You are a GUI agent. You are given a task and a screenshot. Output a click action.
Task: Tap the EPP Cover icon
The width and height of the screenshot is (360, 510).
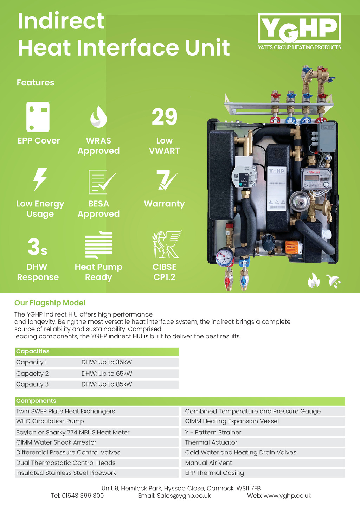pos(38,117)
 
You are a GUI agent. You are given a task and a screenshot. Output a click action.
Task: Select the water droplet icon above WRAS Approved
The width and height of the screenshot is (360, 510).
pos(98,116)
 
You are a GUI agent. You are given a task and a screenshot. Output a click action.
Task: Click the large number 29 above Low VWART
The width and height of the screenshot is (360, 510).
pos(165,117)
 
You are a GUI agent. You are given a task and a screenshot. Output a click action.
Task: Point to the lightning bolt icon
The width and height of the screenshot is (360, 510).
pos(40,180)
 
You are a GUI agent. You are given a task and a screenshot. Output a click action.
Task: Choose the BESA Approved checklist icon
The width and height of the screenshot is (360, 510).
pos(101,181)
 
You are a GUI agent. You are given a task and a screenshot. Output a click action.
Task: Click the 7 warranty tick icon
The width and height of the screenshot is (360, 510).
pos(166,180)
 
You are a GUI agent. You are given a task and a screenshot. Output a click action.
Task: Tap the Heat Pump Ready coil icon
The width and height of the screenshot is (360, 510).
pos(99,245)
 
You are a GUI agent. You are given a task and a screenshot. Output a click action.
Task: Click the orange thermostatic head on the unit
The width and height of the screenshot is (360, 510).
pos(293,247)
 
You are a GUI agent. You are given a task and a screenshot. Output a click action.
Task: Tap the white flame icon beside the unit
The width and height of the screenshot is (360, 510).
pos(314,280)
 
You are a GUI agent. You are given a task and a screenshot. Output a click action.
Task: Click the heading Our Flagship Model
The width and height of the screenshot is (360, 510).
pos(50,303)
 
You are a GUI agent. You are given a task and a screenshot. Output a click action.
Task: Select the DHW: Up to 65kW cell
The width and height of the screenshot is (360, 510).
pos(107,374)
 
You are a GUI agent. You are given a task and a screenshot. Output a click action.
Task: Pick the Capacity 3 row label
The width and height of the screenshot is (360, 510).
pos(32,384)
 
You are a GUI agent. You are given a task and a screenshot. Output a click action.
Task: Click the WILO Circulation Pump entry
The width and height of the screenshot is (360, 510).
pos(50,421)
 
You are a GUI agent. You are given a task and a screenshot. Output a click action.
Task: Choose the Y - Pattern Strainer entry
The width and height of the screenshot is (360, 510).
pos(213,432)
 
